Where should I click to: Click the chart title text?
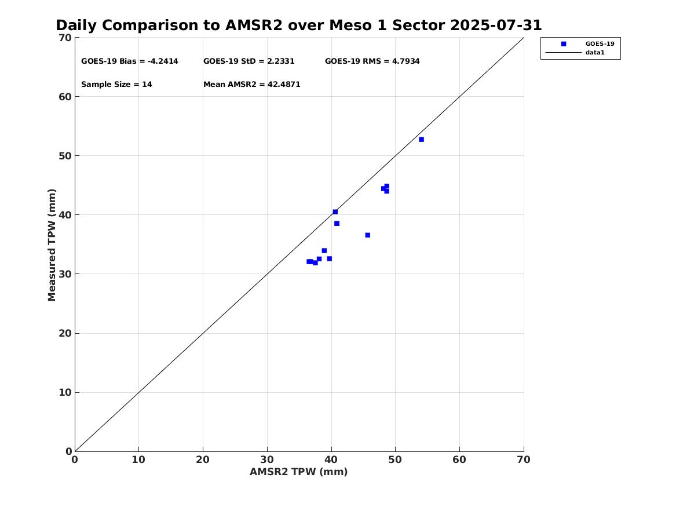298,25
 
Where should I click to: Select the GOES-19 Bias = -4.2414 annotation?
129,61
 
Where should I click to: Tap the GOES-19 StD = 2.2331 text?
249,61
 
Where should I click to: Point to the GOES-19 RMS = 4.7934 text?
372,61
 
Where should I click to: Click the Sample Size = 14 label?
116,85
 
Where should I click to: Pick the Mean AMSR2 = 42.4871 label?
251,85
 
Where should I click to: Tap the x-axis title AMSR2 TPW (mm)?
298,472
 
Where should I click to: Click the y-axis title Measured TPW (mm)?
52,245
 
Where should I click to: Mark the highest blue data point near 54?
421,140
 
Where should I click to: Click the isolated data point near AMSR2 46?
367,235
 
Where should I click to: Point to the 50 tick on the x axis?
395,459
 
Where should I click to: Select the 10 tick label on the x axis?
138,459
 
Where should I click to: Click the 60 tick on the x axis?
459,459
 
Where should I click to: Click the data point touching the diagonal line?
335,212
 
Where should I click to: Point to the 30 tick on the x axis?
267,459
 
